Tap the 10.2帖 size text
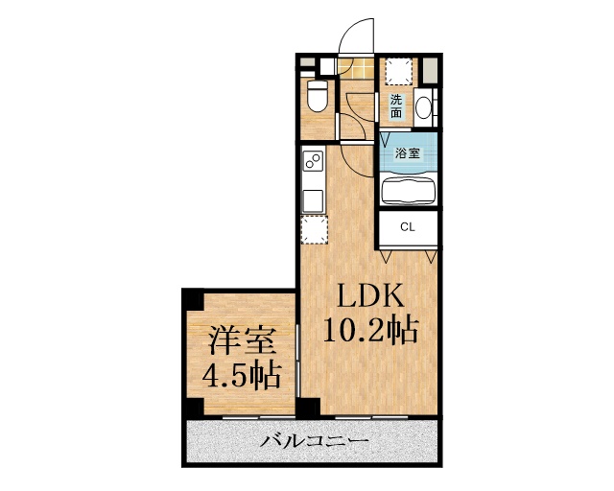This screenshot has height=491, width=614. tap(369, 331)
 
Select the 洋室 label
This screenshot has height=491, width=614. tap(241, 340)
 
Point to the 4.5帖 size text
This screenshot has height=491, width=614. tap(241, 375)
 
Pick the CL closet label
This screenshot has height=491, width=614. tap(407, 227)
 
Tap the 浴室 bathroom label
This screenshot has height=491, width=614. tap(408, 152)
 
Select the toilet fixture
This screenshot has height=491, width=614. tap(318, 95)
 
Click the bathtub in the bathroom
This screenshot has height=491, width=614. tap(409, 189)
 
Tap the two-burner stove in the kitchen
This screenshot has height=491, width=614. tap(313, 163)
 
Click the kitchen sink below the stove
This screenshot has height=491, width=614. tap(314, 199)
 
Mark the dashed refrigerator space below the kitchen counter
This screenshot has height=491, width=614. tap(314, 230)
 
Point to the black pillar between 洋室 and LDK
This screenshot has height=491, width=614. tap(307, 407)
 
